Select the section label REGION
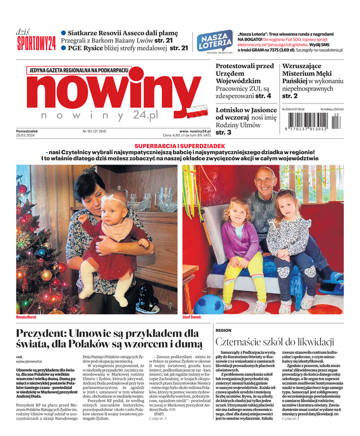point(223,330)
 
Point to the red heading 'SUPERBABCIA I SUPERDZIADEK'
point(179,147)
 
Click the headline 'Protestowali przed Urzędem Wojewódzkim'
point(245,74)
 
